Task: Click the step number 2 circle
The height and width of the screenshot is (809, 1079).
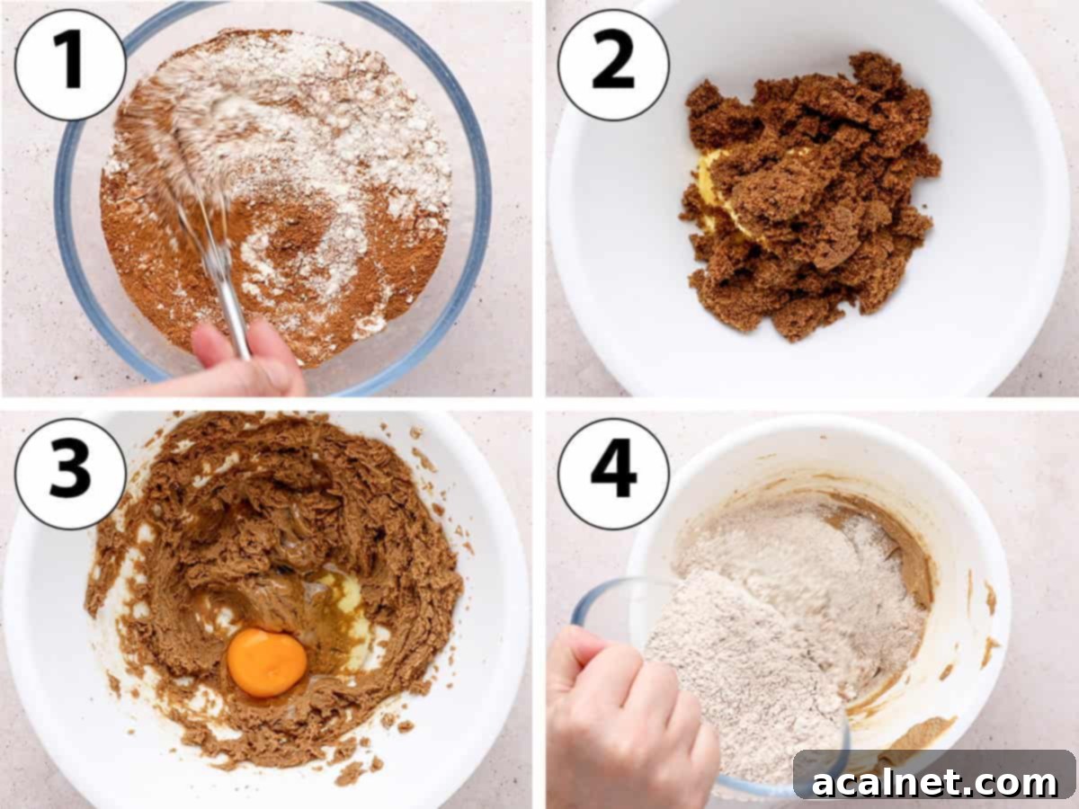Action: point(613,65)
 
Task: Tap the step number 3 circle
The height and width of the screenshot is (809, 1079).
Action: point(70,474)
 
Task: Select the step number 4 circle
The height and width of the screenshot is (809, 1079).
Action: point(613,474)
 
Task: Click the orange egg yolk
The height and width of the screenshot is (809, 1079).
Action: point(266,662)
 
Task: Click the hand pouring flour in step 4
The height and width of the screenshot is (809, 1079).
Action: point(620,710)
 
